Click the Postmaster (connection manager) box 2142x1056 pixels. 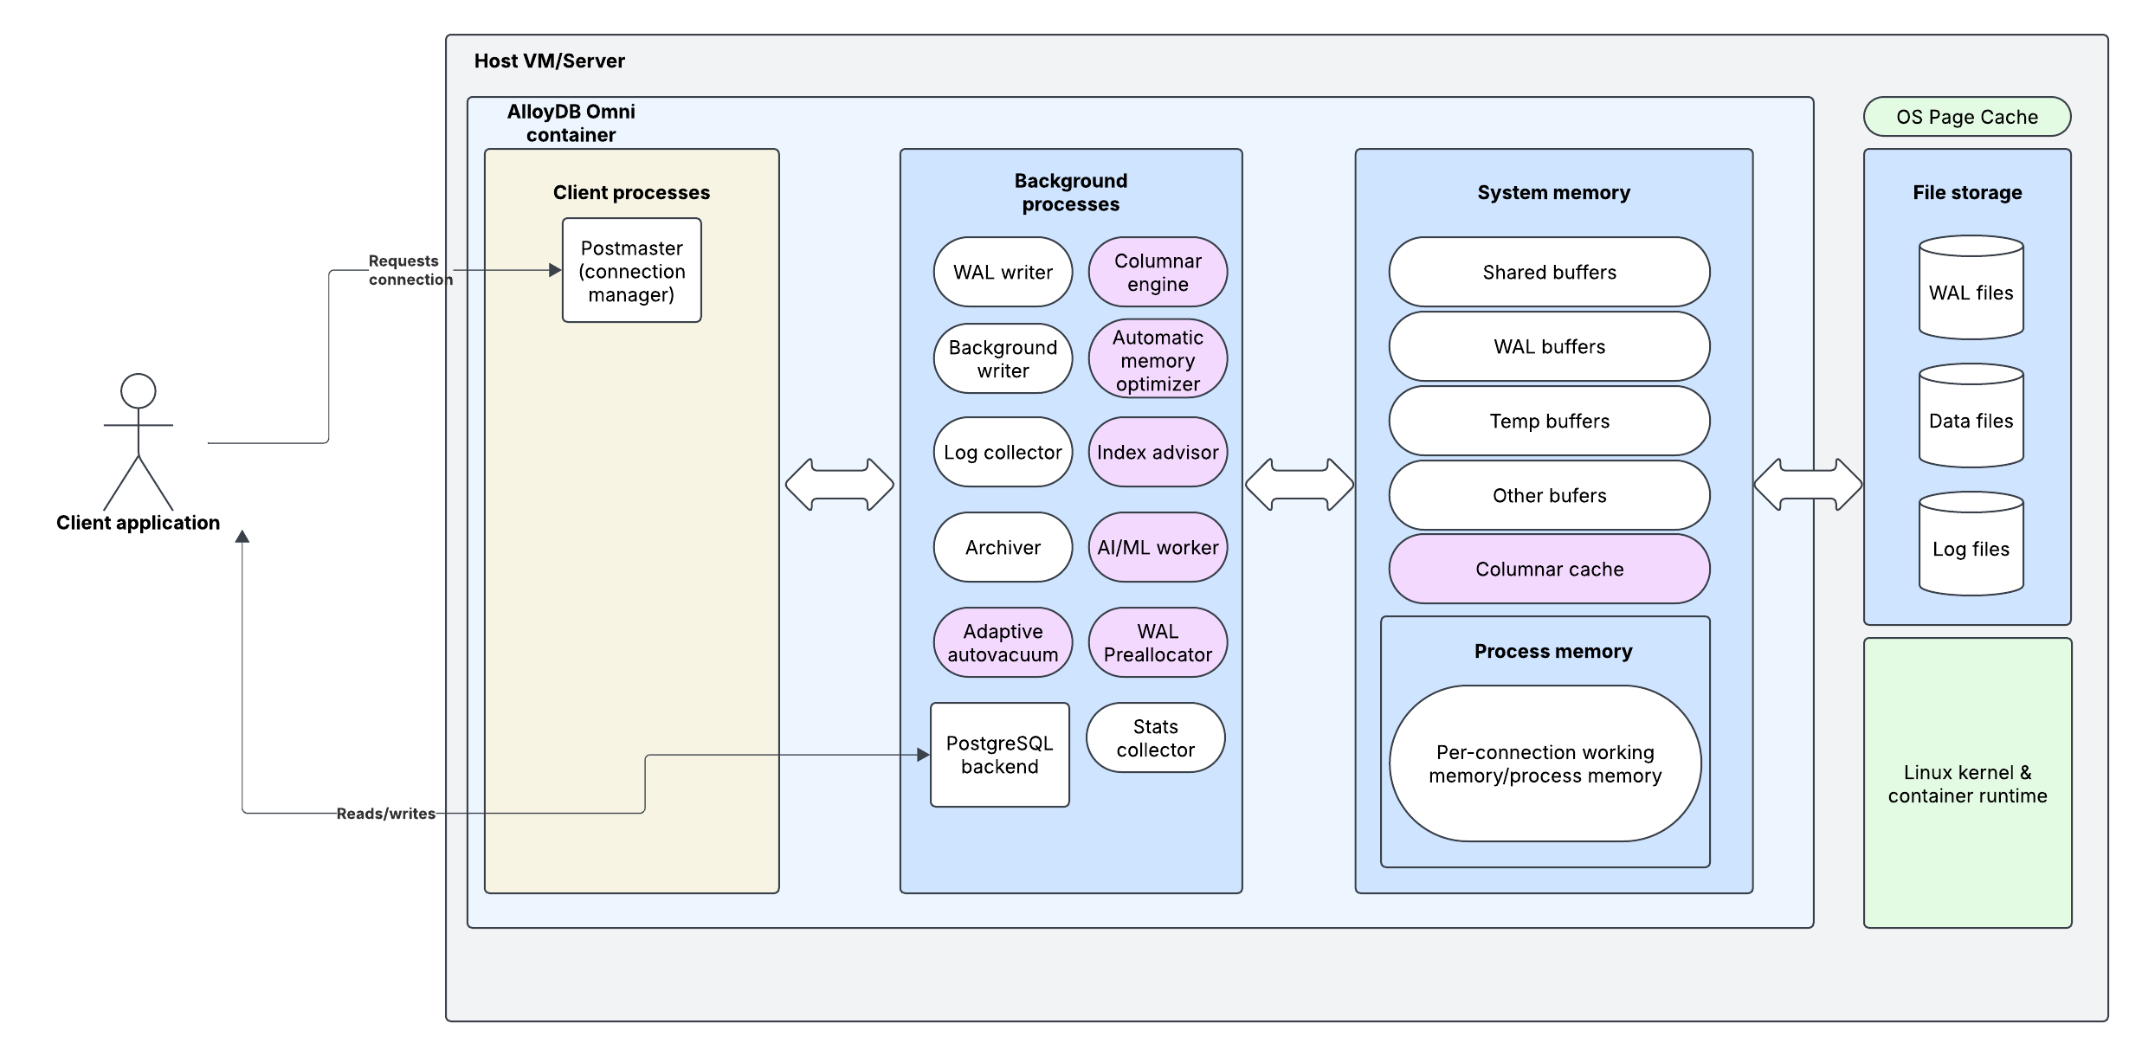631,270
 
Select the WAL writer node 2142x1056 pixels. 1003,272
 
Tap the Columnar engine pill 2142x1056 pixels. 1158,272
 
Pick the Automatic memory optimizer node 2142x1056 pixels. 1158,360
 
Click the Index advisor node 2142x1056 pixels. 1158,452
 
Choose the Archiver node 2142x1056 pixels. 1003,547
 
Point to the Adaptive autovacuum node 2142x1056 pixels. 1003,642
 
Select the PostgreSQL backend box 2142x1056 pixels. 999,755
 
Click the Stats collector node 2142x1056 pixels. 1155,737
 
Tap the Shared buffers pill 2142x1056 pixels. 1549,272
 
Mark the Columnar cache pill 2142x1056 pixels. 1549,569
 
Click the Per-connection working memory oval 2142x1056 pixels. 1545,763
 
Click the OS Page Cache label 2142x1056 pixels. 1966,117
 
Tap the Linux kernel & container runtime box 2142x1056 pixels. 1967,783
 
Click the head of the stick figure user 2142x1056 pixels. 139,391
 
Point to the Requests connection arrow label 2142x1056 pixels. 405,270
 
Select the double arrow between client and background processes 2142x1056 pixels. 839,485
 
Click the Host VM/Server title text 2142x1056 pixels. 549,61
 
